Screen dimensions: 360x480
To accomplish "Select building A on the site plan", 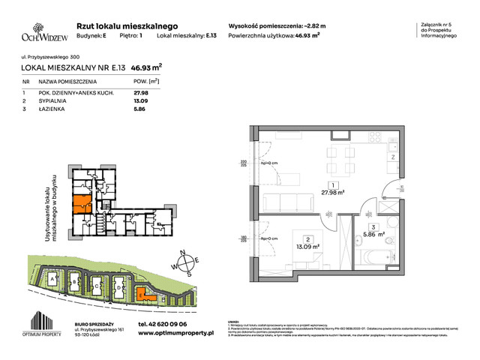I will coord(52,280).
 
